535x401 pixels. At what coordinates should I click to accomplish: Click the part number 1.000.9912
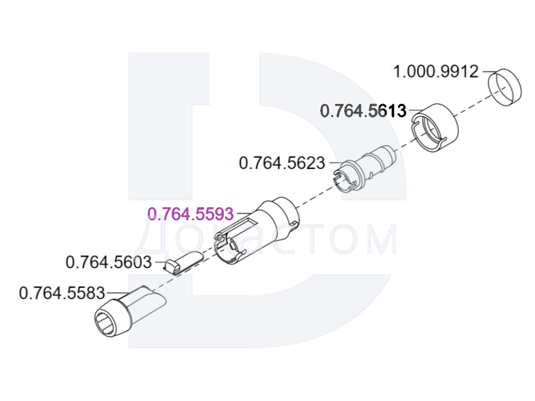tap(436, 72)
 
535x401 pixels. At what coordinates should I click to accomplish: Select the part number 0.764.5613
tap(363, 111)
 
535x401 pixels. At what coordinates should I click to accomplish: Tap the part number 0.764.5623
tap(282, 163)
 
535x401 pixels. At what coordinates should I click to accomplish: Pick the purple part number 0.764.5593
tap(190, 214)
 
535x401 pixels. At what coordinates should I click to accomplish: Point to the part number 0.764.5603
tap(109, 262)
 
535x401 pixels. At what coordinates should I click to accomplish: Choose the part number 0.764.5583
tap(62, 293)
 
